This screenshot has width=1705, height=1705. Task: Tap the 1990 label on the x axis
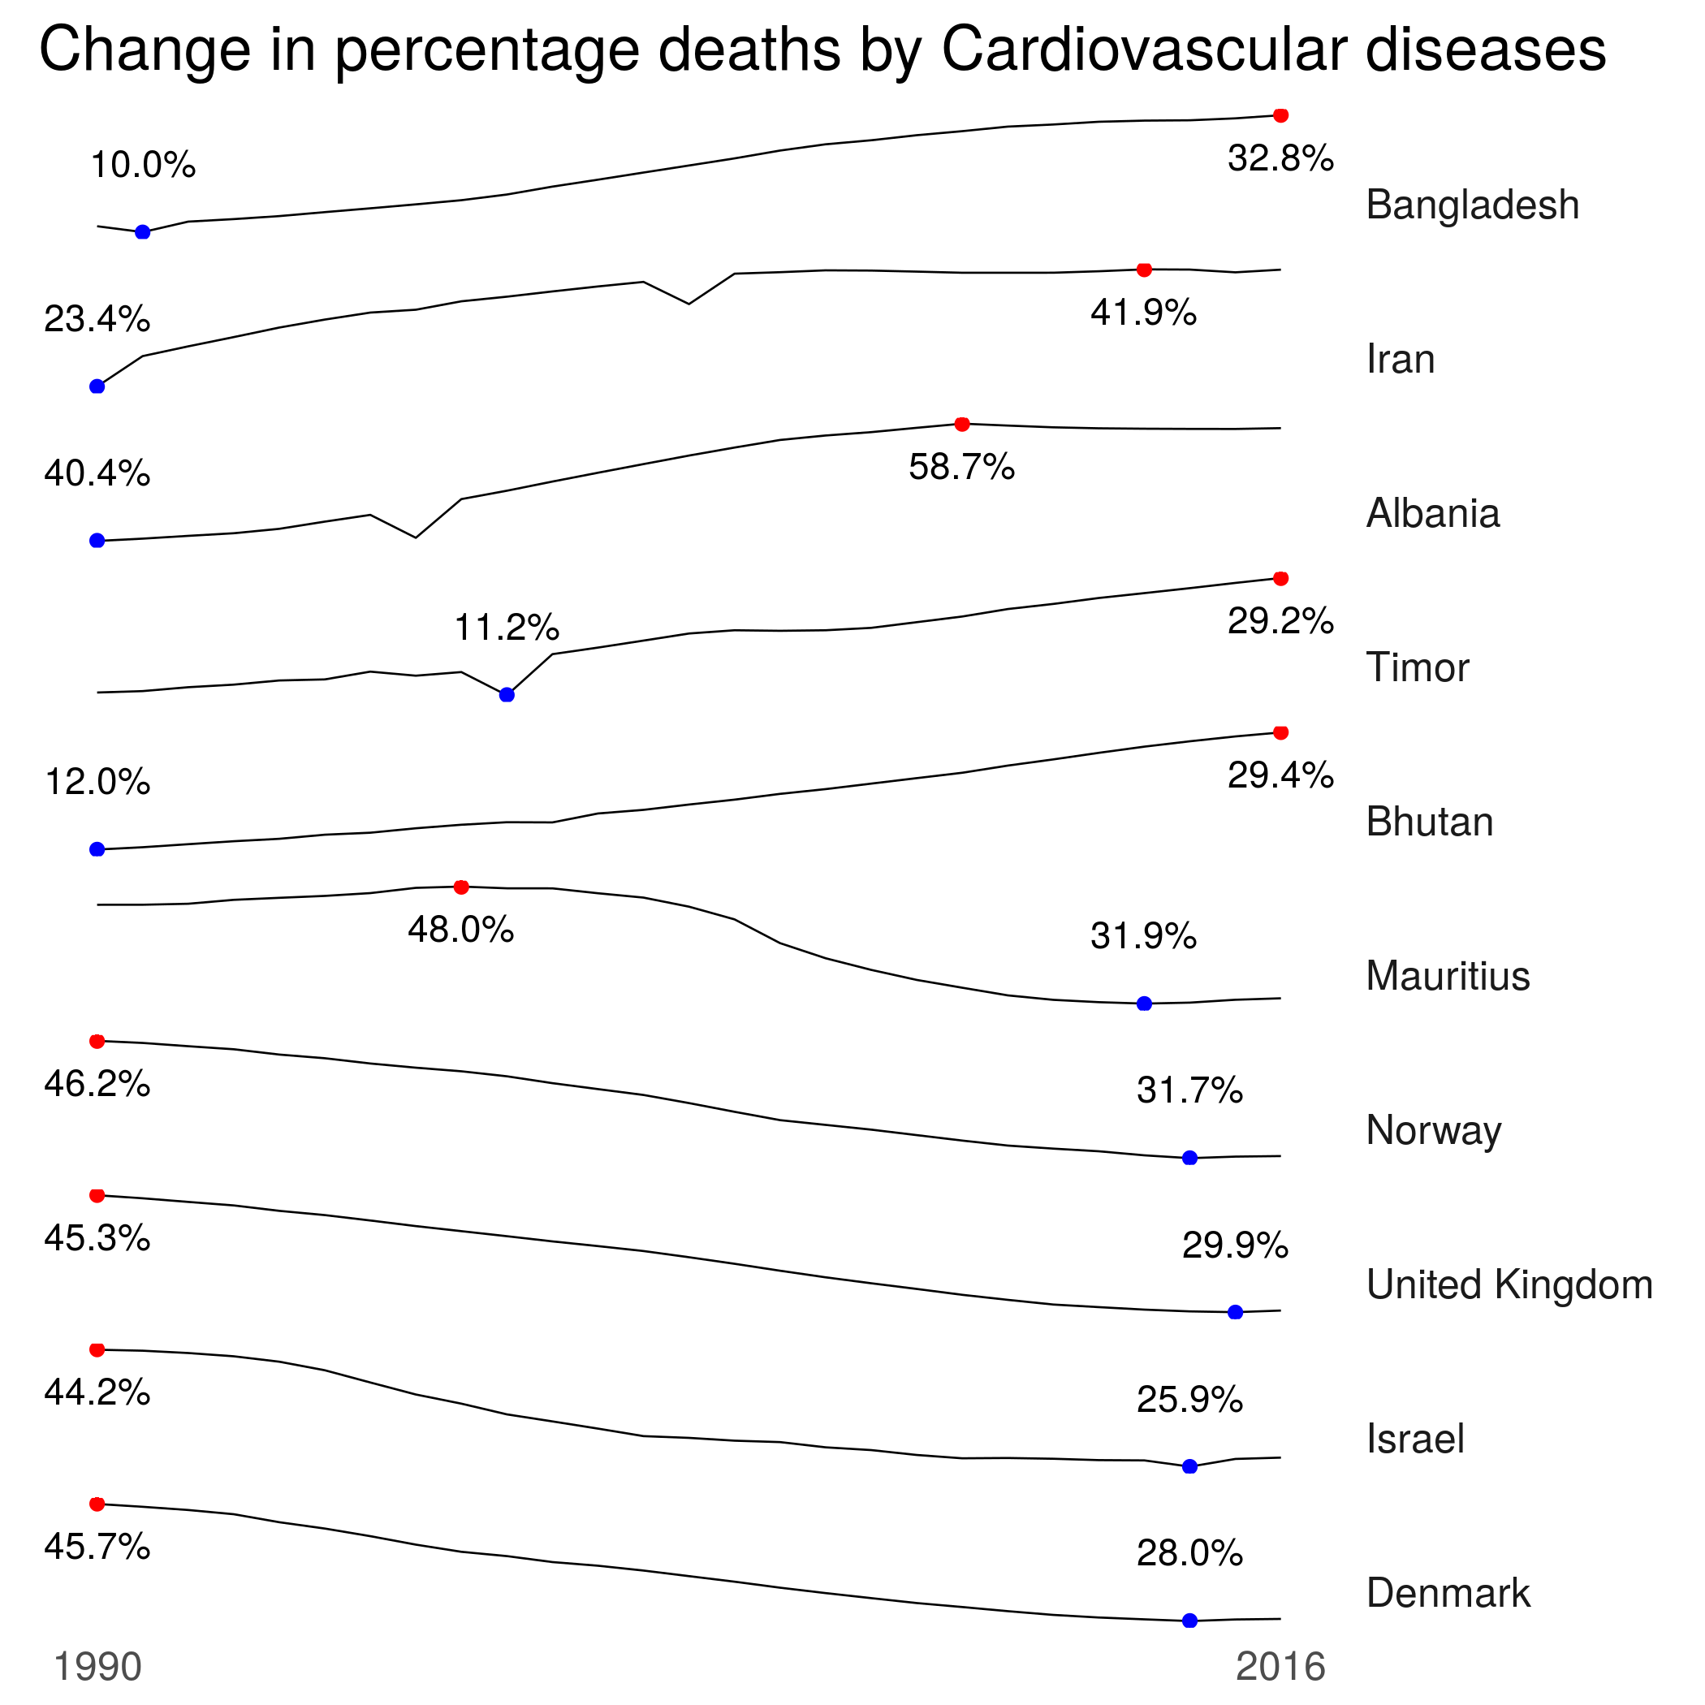click(98, 1667)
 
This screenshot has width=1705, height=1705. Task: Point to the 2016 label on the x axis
click(1280, 1667)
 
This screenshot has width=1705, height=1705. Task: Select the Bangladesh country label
click(1472, 205)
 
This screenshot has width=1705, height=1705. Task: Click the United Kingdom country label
click(1509, 1285)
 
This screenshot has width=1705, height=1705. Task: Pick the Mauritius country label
click(1448, 976)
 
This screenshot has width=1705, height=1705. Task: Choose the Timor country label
click(1418, 667)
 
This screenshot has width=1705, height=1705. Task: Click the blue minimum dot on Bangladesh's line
click(143, 232)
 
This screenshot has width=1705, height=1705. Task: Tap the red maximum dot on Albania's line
click(962, 425)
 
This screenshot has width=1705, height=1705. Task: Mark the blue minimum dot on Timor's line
click(507, 694)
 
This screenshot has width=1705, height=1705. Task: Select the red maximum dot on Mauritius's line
click(460, 887)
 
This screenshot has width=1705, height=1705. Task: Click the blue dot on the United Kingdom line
click(1236, 1312)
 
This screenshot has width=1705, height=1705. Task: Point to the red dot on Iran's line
click(1144, 270)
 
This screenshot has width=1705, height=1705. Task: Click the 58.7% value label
click(962, 467)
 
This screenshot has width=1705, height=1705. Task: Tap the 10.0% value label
click(143, 165)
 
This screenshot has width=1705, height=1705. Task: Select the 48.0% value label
click(460, 930)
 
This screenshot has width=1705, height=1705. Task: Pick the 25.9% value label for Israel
click(1189, 1400)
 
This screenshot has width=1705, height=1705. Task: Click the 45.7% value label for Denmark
click(97, 1547)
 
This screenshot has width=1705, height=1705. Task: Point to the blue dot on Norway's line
click(1189, 1158)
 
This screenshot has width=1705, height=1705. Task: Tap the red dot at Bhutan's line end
click(1281, 732)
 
